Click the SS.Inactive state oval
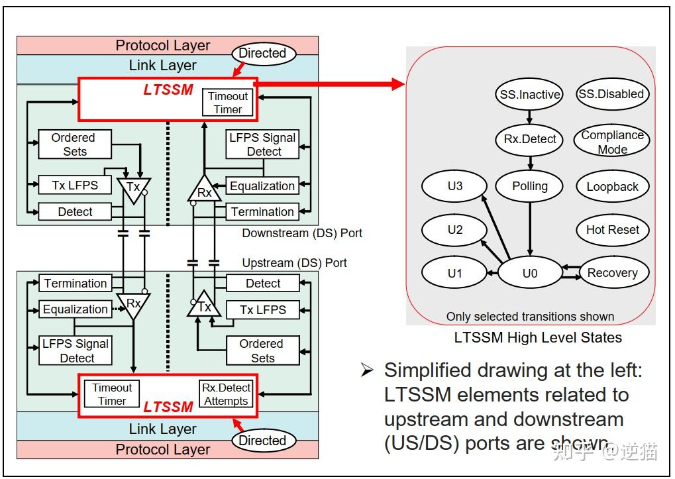pos(529,94)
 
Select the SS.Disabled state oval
pos(611,94)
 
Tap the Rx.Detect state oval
pos(529,139)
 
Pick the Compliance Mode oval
pos(612,142)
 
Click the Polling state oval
pos(529,186)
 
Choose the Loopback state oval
pos(612,187)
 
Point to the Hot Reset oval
pos(612,230)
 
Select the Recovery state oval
pos(612,273)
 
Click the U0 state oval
pos(529,273)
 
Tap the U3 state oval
pos(454,186)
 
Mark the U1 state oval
pos(454,273)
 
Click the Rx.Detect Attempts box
pos(226,394)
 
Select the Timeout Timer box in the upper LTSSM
pos(227,103)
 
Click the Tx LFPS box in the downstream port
pos(74,186)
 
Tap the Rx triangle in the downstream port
pos(205,191)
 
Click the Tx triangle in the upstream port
pos(204,305)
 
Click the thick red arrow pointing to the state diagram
pos(331,84)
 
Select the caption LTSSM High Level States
pos(537,337)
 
